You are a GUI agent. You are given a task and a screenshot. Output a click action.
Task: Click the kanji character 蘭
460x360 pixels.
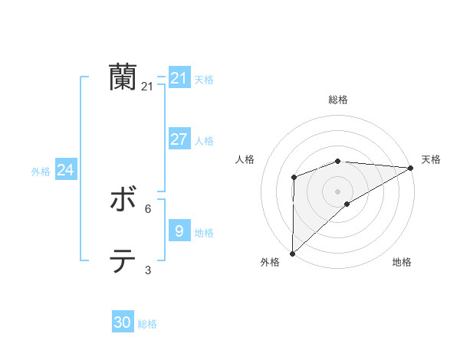coord(123,77)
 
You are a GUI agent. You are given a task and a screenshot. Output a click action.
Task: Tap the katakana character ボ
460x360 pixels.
coord(123,201)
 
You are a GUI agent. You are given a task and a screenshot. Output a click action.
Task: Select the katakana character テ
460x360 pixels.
coord(123,261)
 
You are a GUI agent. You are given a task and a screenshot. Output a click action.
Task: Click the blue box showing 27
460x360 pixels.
coord(179,139)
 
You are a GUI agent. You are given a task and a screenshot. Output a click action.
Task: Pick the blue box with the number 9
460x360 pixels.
coord(179,231)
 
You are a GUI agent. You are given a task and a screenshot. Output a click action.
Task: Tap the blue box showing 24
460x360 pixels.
coord(66,170)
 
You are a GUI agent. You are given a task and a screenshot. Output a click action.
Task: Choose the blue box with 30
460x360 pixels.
coord(123,322)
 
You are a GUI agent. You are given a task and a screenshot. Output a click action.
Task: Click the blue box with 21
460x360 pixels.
coord(179,78)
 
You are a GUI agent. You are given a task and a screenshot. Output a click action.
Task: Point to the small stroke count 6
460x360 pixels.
coord(147,208)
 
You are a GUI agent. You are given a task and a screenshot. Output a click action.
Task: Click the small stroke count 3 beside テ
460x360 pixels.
coord(147,270)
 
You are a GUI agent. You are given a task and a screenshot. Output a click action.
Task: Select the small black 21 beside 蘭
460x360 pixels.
coord(147,87)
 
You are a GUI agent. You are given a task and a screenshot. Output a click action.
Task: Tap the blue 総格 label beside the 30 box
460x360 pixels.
coord(147,324)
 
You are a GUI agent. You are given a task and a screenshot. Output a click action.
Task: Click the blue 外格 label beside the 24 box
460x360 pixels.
coord(41,172)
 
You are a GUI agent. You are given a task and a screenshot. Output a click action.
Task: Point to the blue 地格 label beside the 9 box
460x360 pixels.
coord(204,232)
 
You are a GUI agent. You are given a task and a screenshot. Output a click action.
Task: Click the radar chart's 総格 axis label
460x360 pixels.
coord(338,100)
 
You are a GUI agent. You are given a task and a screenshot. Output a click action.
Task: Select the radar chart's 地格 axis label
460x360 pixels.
coord(402,263)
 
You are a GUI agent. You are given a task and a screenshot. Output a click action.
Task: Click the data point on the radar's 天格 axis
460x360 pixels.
coord(410,168)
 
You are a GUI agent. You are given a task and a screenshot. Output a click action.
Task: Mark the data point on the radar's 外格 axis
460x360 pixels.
coord(292,253)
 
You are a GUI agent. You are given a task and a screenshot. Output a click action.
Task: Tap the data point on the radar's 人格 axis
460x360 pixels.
coord(294,178)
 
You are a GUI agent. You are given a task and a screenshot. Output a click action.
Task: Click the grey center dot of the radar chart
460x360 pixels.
coord(337,191)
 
